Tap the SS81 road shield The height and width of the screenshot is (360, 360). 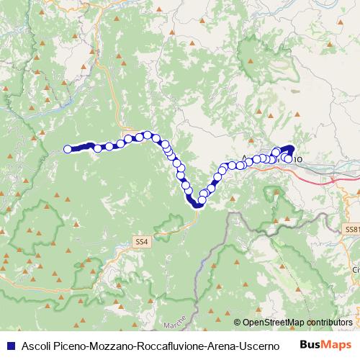tap(351, 228)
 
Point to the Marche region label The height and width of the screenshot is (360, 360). tap(174, 319)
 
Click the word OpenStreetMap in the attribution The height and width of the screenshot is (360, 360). tap(273, 323)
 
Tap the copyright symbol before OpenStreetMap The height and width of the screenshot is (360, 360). tap(238, 323)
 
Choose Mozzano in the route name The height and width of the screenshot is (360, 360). tap(112, 344)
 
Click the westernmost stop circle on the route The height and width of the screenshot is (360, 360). tap(68, 149)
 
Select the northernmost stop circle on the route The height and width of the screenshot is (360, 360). tap(147, 135)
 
